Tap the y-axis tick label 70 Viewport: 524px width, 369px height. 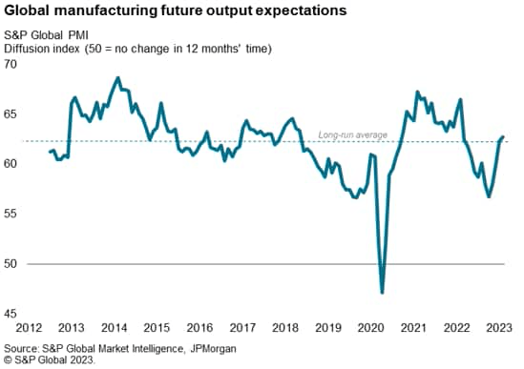11,64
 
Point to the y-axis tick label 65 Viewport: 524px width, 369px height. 11,113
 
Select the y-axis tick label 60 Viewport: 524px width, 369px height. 11,164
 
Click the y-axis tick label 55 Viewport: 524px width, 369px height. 11,214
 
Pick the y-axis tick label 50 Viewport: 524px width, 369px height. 11,263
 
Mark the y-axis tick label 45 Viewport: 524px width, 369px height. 11,314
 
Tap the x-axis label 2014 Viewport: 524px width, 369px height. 116,328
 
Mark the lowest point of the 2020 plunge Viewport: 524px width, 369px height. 382,292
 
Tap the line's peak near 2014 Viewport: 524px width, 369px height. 117,78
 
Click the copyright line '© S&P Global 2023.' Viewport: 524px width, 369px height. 53,360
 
